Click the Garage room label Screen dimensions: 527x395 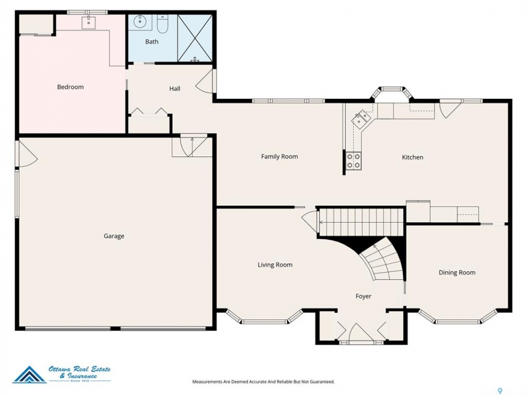click(x=114, y=236)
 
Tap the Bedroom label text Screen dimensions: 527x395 click(x=70, y=87)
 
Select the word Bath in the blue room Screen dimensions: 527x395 click(x=152, y=42)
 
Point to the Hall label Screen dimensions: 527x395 click(x=175, y=89)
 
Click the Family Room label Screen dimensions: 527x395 click(x=279, y=156)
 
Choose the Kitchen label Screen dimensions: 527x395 click(x=412, y=157)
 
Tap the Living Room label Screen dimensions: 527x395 click(x=275, y=265)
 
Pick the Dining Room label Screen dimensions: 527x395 click(x=457, y=273)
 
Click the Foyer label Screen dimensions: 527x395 click(x=363, y=296)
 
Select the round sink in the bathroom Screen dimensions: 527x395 click(x=139, y=22)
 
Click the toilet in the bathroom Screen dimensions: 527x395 click(x=162, y=24)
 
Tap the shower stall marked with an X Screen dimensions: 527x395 click(x=194, y=38)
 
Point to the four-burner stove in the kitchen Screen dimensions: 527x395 click(x=354, y=161)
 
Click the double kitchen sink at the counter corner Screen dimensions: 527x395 click(x=361, y=118)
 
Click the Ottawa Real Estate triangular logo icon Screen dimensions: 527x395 click(x=30, y=375)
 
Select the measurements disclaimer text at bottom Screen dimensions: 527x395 click(x=263, y=382)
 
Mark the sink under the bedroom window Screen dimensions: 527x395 click(x=89, y=22)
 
